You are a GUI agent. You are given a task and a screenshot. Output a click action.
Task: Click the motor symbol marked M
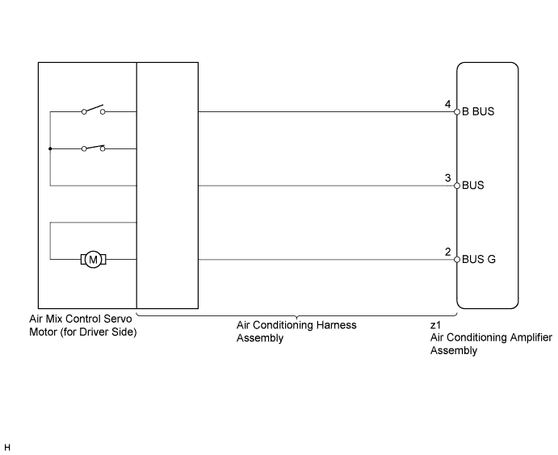(x=93, y=260)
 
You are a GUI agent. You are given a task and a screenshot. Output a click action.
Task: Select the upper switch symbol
(x=93, y=109)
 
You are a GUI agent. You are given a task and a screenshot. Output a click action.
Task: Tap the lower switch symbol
(x=93, y=148)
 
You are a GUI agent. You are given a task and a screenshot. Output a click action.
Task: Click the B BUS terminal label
(x=478, y=111)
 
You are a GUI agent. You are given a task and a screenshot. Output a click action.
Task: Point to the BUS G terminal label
(x=478, y=260)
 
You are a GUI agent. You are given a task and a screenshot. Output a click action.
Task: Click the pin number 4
(x=447, y=104)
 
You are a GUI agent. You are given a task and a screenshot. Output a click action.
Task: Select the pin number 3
(x=447, y=177)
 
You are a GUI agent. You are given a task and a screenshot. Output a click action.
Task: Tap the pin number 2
(x=447, y=252)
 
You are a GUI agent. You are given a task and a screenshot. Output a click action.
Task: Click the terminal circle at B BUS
(x=457, y=112)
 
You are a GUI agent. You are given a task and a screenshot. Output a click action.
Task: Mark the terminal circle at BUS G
(x=457, y=260)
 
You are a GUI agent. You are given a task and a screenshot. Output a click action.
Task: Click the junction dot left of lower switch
(x=50, y=148)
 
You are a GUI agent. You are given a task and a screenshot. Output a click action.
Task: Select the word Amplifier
(x=531, y=337)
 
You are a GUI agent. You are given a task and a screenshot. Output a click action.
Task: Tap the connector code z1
(x=435, y=325)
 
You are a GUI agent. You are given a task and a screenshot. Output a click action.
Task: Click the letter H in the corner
(x=7, y=448)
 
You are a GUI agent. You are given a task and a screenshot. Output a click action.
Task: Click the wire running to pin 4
(x=326, y=112)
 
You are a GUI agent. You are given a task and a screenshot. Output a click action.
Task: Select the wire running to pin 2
(x=326, y=260)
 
